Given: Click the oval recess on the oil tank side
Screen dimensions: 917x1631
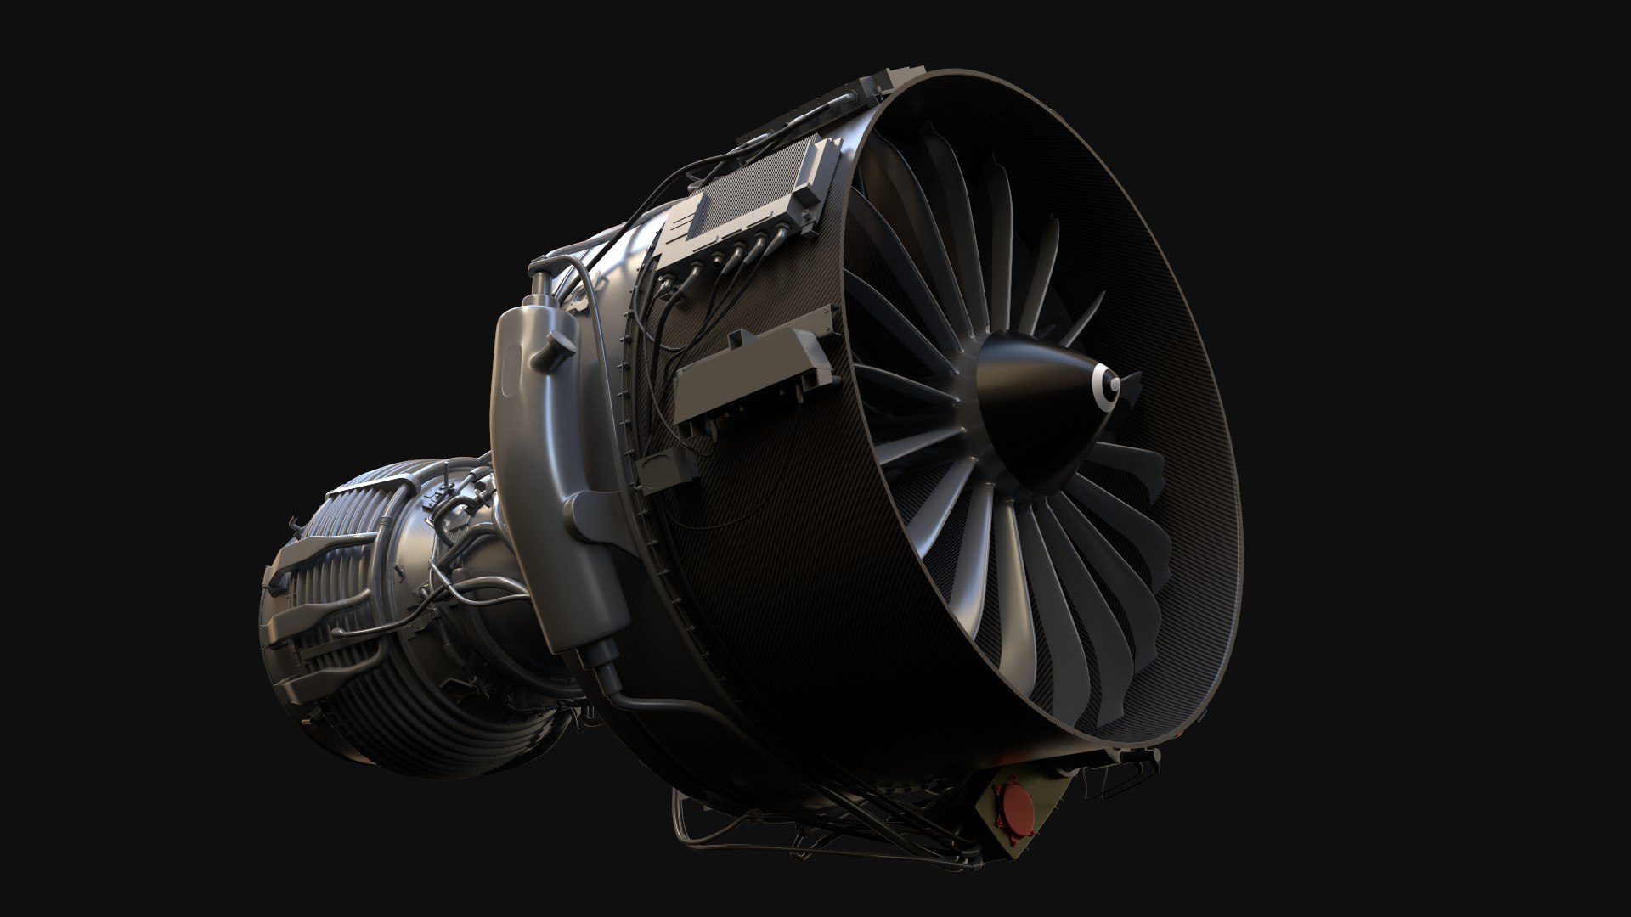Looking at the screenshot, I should pos(508,374).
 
